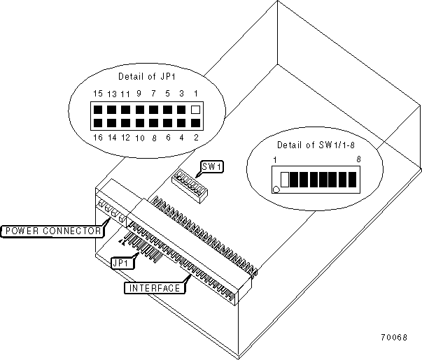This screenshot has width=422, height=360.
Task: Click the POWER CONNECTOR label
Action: (x=52, y=230)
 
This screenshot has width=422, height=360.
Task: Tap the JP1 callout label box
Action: (x=122, y=262)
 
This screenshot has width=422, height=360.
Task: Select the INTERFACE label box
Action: (x=152, y=287)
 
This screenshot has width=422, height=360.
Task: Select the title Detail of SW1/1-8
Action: (x=314, y=144)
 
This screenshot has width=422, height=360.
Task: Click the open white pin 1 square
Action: (x=196, y=110)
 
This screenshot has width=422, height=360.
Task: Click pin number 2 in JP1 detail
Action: (x=196, y=138)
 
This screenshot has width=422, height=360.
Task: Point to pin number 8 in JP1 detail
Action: (x=154, y=138)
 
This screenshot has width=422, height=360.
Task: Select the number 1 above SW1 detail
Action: (x=276, y=160)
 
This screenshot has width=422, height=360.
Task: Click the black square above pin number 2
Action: (x=196, y=124)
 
